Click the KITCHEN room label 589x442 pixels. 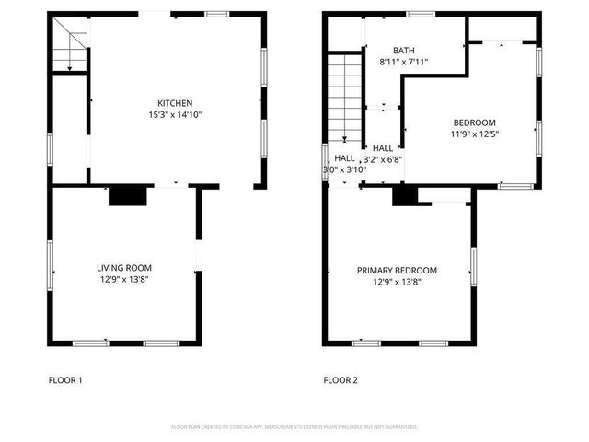175,102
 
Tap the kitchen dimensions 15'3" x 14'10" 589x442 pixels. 175,114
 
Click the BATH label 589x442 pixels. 403,51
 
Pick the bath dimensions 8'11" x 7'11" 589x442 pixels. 403,63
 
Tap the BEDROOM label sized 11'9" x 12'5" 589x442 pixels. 474,122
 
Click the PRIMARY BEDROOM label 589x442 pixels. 397,270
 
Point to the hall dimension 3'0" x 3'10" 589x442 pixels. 344,169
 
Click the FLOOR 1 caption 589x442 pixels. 65,379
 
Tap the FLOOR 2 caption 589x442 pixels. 341,379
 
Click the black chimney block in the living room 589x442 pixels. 128,195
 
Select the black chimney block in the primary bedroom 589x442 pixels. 402,196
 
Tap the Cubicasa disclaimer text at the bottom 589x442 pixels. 294,427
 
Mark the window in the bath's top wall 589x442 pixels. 421,14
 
